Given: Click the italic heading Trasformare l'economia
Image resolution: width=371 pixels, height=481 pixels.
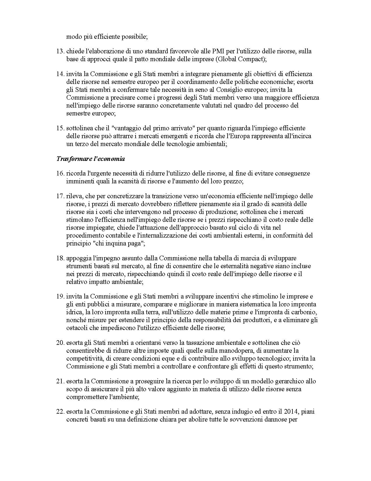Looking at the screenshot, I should coord(90,159).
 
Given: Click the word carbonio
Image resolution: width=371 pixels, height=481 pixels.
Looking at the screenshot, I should coord(306,312).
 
